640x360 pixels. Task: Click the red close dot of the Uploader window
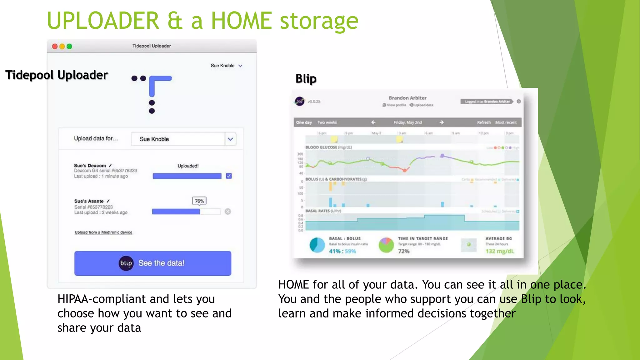pos(55,47)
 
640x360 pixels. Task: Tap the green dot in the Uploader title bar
pos(69,47)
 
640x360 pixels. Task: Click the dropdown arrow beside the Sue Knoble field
pos(230,139)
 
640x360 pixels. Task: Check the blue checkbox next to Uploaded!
pos(229,176)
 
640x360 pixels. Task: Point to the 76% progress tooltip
pos(199,201)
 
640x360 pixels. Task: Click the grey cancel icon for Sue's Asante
pos(228,212)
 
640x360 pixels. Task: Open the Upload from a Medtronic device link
pos(103,232)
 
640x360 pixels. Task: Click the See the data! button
pos(153,263)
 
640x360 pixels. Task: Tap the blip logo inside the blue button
pos(126,263)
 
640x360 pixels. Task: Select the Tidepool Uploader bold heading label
pos(57,75)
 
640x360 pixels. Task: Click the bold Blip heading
pos(306,79)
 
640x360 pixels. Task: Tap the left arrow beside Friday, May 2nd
pos(373,122)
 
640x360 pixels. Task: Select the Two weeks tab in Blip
pos(327,122)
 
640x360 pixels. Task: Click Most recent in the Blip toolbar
pos(506,122)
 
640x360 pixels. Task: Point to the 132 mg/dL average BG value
pos(500,251)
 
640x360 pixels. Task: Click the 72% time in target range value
pos(404,251)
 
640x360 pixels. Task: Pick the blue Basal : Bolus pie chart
pos(317,245)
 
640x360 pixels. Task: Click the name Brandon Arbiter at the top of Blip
pos(407,98)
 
